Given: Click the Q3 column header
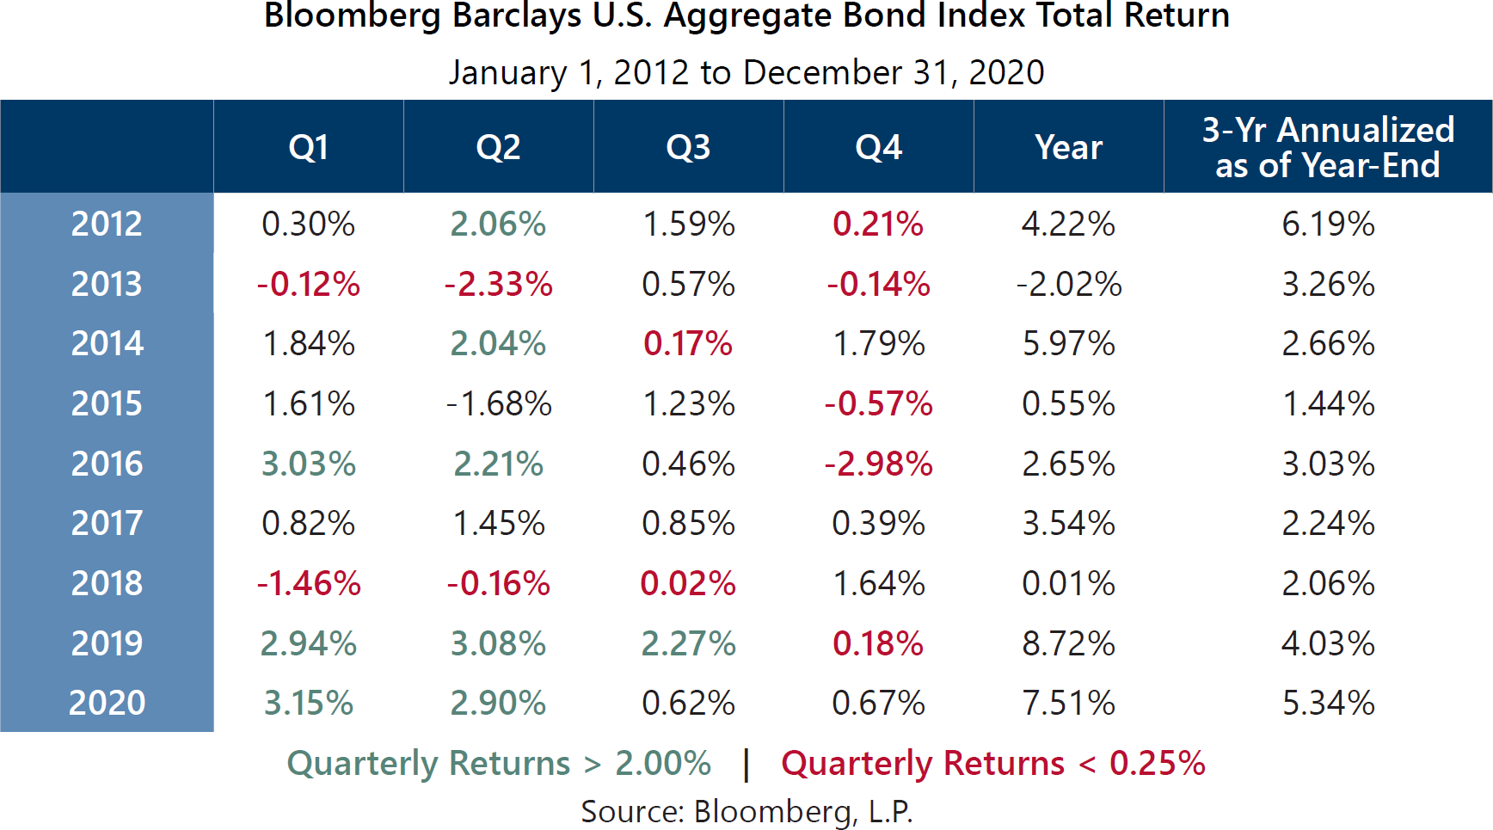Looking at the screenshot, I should (x=688, y=147).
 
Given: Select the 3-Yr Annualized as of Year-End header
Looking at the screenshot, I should (x=1327, y=147).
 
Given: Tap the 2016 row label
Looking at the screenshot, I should (x=107, y=464).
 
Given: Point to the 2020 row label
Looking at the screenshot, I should (x=107, y=703).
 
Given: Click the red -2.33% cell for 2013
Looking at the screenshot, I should (x=498, y=284).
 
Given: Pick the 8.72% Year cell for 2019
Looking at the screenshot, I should (x=1068, y=643).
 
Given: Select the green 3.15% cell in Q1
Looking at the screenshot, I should (x=308, y=703).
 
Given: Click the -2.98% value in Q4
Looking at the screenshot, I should (x=878, y=464).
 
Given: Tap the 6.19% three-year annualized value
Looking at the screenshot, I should (x=1328, y=224).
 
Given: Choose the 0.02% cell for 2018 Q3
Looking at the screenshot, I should (x=688, y=583).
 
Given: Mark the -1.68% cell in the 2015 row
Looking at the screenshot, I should (x=498, y=403).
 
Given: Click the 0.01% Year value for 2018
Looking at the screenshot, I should (x=1068, y=583).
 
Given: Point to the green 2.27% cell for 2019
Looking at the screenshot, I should (x=688, y=643).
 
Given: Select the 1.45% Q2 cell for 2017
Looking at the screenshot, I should (x=498, y=523).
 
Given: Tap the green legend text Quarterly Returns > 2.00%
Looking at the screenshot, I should (x=499, y=763).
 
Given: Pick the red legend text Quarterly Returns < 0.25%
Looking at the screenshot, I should (x=993, y=763).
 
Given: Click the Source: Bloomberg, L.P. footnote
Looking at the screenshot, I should (x=746, y=811).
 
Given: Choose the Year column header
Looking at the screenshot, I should (x=1068, y=147).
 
